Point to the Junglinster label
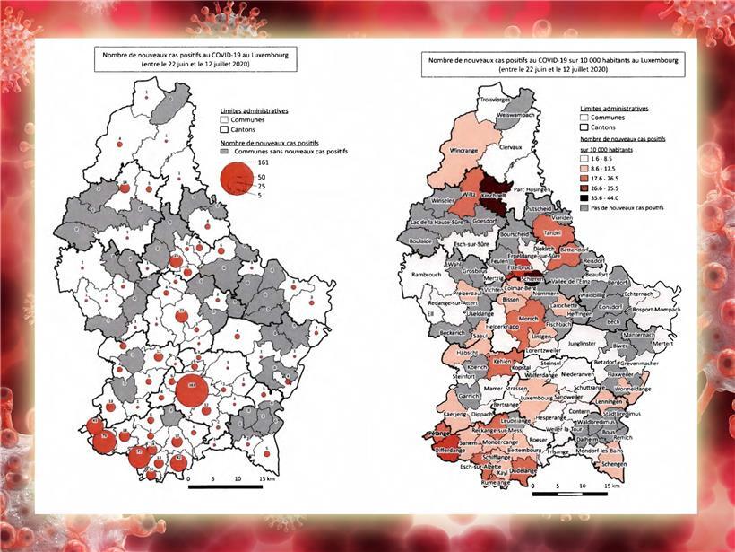(584, 343)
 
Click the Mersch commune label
(529, 317)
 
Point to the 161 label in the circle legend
(264, 163)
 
